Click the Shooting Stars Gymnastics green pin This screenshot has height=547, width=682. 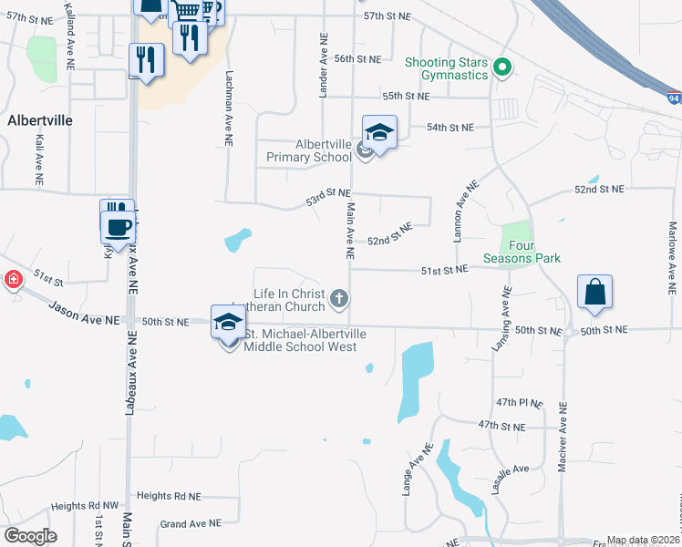501,67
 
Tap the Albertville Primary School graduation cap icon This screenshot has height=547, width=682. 379,134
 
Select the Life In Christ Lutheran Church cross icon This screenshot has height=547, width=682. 339,298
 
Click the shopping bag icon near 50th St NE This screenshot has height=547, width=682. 594,293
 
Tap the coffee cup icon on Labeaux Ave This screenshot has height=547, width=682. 119,226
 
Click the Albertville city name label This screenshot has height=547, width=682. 39,119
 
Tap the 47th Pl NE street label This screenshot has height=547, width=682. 520,402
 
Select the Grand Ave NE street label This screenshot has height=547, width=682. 191,523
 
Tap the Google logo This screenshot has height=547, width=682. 30,536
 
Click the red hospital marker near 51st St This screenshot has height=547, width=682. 14,280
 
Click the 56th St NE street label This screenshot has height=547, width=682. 357,58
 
